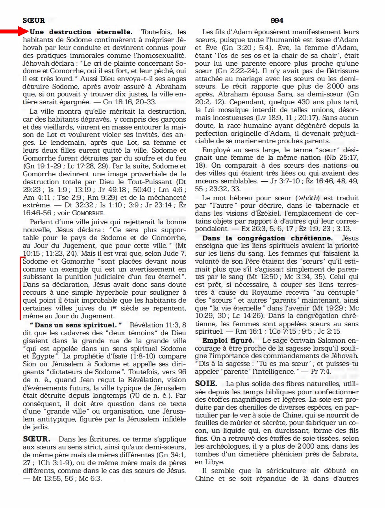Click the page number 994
click(x=277, y=20)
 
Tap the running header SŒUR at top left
click(x=33, y=20)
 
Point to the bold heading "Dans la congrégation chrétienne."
click(x=267, y=238)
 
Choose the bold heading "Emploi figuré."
click(x=228, y=340)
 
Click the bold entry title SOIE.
click(x=206, y=384)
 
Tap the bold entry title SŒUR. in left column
click(x=37, y=439)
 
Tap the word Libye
click(x=215, y=462)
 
